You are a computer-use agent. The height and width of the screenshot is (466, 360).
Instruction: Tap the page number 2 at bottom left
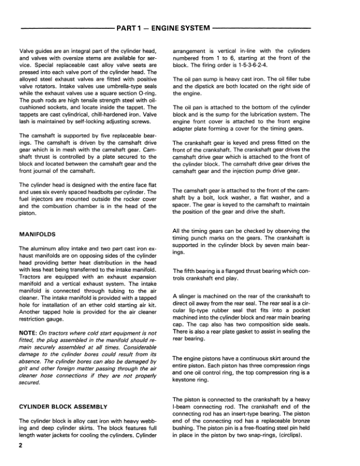pos(21,447)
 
